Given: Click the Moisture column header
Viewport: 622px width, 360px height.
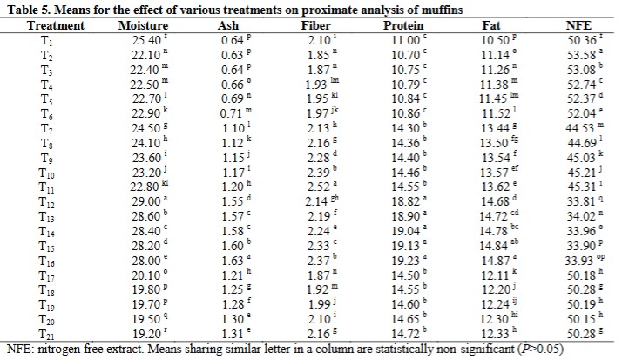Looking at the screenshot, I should coord(142,26).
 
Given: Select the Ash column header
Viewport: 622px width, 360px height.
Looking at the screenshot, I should coord(227,26).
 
